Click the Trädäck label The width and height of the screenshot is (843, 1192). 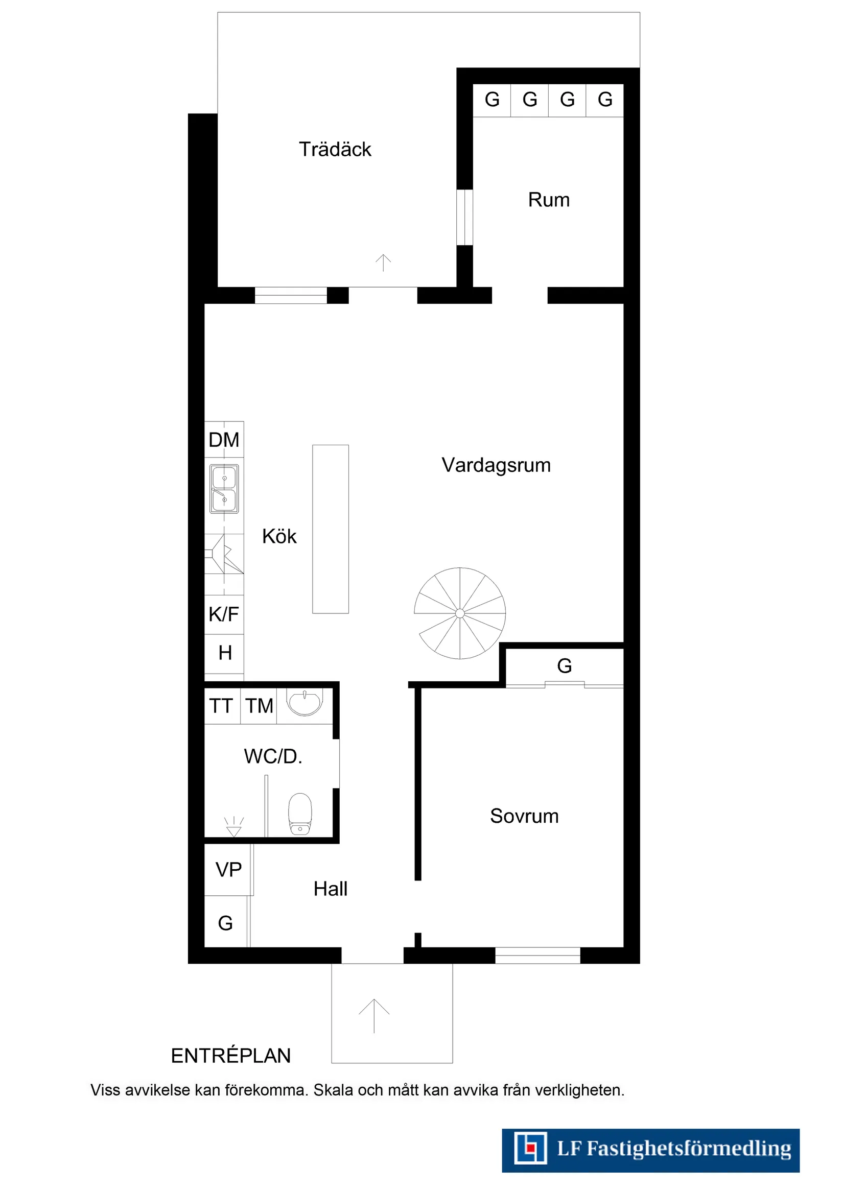coord(335,150)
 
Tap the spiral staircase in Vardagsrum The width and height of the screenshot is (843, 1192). coord(460,613)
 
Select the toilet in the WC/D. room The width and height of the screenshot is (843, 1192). coord(300,814)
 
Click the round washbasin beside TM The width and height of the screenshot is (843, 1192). coord(305,703)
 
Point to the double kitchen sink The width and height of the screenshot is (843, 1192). coord(224,489)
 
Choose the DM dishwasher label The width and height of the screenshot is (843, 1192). coord(224,440)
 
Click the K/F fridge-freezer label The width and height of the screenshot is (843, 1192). coord(224,614)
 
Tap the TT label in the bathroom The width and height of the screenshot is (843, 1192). coord(221,706)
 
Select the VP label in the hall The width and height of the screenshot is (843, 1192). coord(228,870)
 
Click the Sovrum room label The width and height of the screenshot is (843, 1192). coord(524,816)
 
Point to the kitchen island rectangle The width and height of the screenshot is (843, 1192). coord(331,529)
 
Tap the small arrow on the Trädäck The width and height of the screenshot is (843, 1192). coord(383,263)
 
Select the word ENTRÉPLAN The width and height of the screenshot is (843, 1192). coord(230,1056)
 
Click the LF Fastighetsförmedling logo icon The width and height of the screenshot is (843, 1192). coord(530,1149)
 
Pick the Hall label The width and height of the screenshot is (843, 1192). coord(331,889)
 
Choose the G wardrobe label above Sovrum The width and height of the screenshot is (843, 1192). coord(565,666)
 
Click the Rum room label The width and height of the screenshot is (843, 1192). coord(549,200)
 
